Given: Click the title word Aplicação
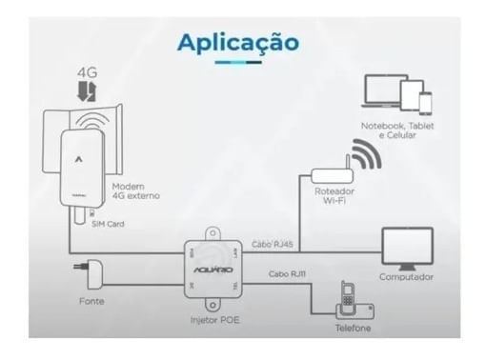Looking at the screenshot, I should click(237, 43).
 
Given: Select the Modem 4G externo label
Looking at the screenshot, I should click(135, 190).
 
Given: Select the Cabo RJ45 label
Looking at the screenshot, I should click(273, 243).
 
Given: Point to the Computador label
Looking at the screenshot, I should click(406, 277).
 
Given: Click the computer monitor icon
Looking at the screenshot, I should click(407, 247).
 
